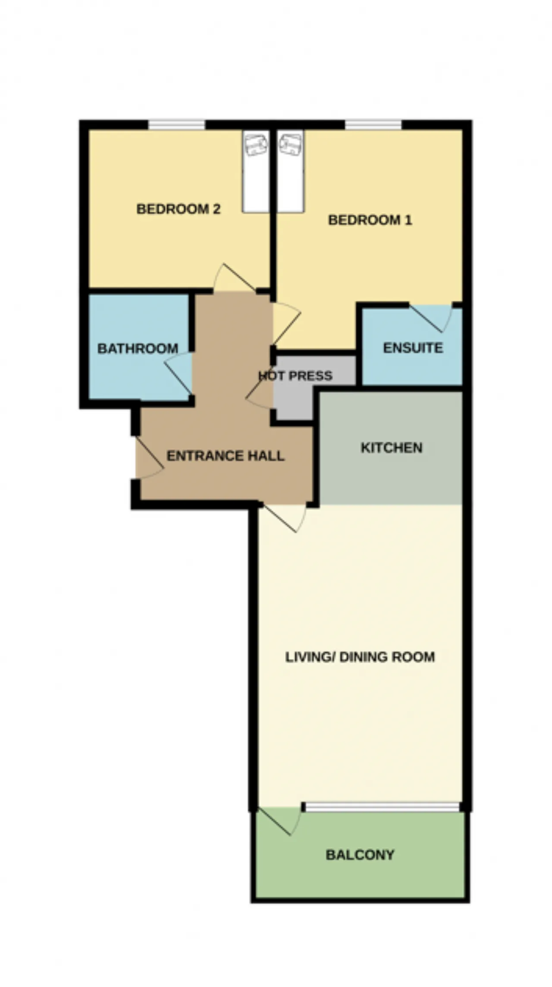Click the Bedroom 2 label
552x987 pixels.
[179, 209]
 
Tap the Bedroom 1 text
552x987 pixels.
[370, 220]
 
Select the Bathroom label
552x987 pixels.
[138, 349]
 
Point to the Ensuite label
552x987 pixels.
[413, 348]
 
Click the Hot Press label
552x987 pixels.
[295, 376]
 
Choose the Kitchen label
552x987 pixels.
[391, 448]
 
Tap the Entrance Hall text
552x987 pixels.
[226, 456]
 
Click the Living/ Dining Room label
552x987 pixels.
[360, 657]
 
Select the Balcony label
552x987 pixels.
[360, 855]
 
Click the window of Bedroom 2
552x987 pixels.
[177, 125]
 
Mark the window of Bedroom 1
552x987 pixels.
[373, 125]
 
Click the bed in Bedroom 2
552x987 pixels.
[256, 171]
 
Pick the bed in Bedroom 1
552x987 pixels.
[291, 171]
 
